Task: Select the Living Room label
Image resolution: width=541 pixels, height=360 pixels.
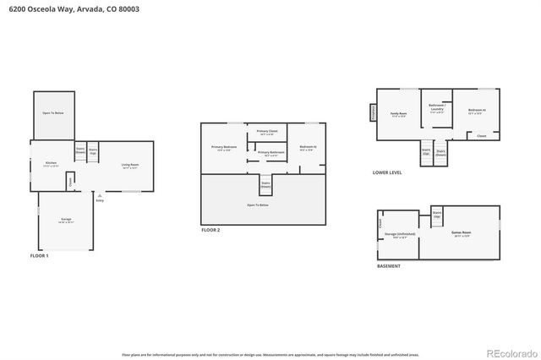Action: [129, 166]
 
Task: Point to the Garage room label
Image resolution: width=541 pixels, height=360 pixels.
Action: [66, 221]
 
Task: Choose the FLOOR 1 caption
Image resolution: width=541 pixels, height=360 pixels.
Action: [40, 255]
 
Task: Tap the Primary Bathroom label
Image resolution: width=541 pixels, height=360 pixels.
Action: [270, 154]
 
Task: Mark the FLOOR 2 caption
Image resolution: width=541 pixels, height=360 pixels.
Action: [210, 230]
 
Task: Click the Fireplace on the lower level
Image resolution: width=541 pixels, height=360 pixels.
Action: [373, 113]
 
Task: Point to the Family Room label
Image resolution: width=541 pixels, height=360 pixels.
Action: [398, 114]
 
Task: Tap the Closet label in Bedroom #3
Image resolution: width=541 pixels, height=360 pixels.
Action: [481, 135]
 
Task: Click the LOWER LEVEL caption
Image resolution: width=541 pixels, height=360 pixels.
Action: [387, 172]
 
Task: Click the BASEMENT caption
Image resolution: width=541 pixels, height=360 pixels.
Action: [389, 266]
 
